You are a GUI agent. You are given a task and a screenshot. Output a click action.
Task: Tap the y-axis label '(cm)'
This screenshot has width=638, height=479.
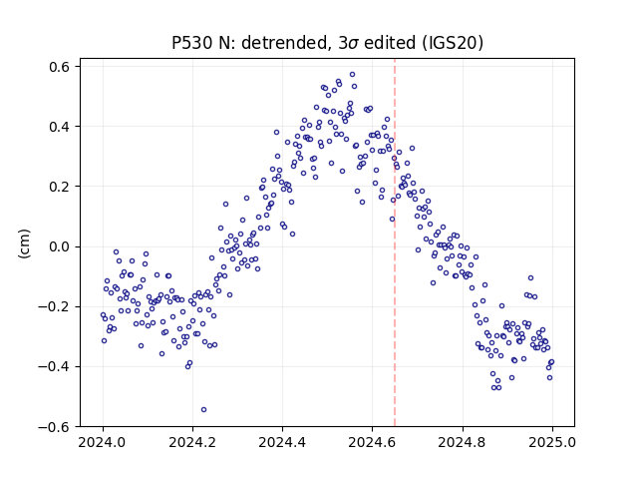[x=24, y=243]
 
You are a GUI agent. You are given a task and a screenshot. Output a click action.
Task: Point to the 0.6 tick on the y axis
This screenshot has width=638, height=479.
[x=60, y=67]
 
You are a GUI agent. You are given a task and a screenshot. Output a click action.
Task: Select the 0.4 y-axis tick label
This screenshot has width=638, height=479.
[x=60, y=127]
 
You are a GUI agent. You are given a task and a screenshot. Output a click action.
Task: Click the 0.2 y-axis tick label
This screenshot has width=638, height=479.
[x=60, y=187]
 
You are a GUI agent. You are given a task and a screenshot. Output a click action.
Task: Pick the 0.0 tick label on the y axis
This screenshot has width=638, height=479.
[x=60, y=246]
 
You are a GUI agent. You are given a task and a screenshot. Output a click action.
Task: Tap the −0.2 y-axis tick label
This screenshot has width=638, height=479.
[x=55, y=306]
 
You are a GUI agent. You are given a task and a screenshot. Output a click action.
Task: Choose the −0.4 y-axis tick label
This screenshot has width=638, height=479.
[x=55, y=367]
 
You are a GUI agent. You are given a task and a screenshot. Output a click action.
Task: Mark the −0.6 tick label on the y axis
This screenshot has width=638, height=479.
[x=55, y=427]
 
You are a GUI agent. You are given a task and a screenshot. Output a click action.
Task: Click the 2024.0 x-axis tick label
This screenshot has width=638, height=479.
[x=103, y=442]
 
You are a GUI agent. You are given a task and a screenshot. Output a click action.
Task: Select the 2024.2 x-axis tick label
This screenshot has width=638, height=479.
[x=192, y=442]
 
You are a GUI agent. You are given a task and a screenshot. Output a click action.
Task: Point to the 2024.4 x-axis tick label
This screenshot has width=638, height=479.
[x=282, y=442]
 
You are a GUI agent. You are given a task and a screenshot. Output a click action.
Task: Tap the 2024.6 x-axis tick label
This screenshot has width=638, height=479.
[x=372, y=442]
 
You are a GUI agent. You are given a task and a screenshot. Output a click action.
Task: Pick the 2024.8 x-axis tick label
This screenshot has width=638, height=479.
[x=463, y=442]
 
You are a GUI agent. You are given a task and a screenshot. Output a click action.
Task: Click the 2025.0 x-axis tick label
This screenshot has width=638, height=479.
[x=552, y=442]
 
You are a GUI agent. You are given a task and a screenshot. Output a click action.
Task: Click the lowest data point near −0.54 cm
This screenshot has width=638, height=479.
[x=203, y=410]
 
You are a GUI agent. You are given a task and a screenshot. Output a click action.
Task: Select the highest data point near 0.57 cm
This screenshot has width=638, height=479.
[x=352, y=75]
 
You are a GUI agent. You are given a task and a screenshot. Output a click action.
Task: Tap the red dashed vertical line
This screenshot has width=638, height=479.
[x=395, y=242]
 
